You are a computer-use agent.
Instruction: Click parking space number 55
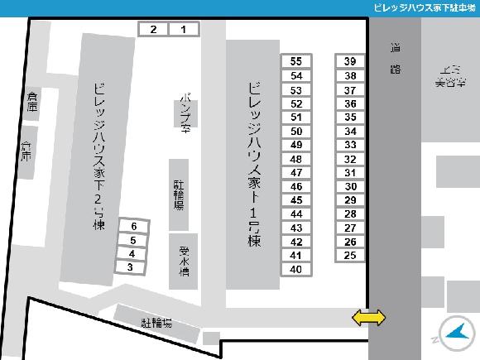point(296,61)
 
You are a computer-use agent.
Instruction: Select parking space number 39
point(350,61)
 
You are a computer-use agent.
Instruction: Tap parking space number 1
point(185,30)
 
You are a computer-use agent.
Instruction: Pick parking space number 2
point(153,30)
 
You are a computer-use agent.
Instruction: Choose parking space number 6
point(133,226)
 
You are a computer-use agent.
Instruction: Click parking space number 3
point(131,266)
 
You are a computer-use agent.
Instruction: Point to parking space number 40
point(296,269)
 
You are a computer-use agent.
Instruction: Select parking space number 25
point(350,255)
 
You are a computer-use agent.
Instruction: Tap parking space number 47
point(296,172)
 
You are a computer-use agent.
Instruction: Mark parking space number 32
point(350,159)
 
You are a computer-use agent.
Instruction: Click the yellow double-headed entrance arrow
point(369,317)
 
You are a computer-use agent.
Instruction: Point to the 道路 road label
point(395,59)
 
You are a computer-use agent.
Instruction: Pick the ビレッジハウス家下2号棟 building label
point(99,157)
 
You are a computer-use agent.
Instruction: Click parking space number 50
point(296,131)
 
